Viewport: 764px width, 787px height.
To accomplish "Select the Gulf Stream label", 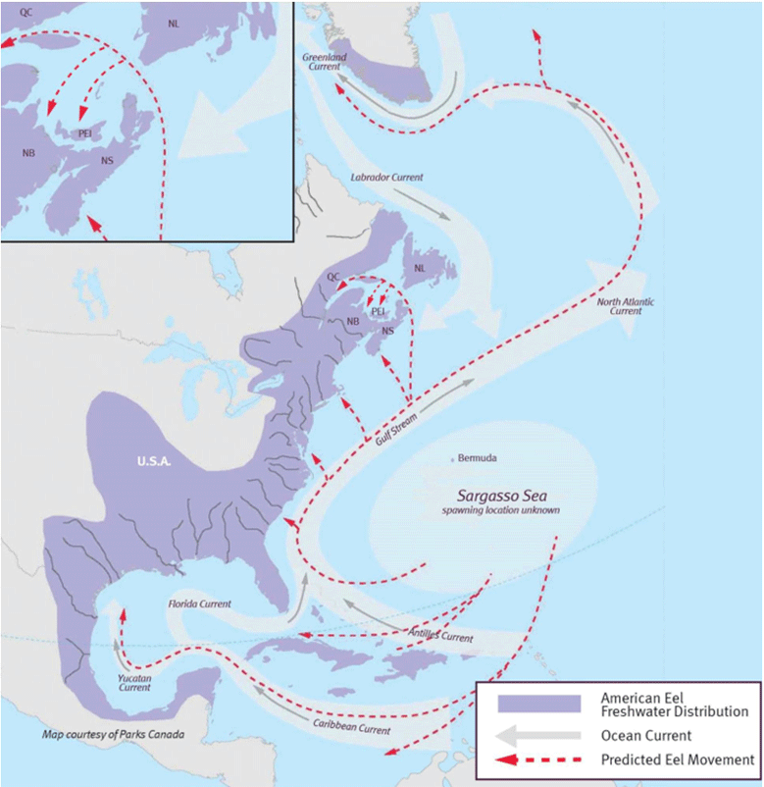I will tap(396, 430).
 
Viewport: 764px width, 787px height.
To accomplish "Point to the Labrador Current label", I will tap(386, 178).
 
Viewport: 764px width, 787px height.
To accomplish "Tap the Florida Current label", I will tap(199, 603).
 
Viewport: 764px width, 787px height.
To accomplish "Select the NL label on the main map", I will tap(420, 267).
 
